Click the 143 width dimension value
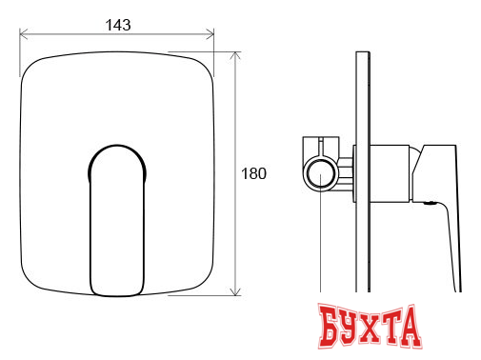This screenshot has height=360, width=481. coord(118,25)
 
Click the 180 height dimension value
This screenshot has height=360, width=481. coord(253,173)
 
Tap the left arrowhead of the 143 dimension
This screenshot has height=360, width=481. coord(23,34)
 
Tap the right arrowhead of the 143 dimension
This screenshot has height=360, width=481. coord(210,34)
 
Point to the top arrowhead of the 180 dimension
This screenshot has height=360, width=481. coord(235,56)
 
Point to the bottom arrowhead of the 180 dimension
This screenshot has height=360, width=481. coord(235,291)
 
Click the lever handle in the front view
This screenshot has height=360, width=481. coord(117,221)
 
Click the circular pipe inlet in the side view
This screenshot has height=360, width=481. coord(320,174)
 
